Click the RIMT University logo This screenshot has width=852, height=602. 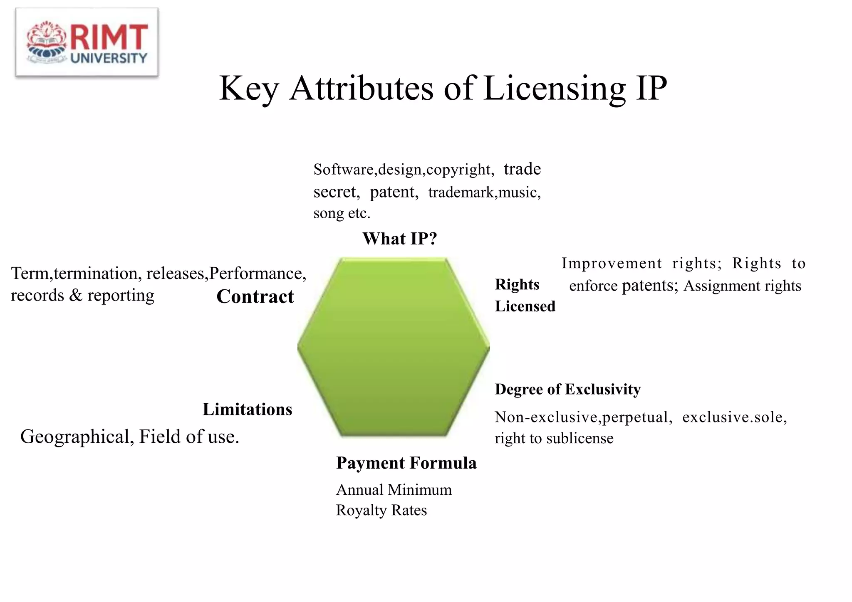pos(87,42)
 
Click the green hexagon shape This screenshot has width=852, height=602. pos(393,347)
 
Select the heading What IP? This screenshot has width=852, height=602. pos(399,239)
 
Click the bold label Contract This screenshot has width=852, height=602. pos(255,297)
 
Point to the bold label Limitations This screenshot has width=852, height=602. pos(247,410)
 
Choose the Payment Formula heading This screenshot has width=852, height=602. pos(406,463)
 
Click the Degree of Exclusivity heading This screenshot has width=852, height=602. pos(567,390)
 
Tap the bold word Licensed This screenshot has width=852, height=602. pos(525,306)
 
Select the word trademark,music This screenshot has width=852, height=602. pos(484,192)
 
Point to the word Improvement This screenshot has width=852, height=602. pos(612,263)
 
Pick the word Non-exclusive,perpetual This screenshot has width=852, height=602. pos(583,417)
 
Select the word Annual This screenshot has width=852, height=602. pos(360,490)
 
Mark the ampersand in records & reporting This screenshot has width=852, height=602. pos(76,296)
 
